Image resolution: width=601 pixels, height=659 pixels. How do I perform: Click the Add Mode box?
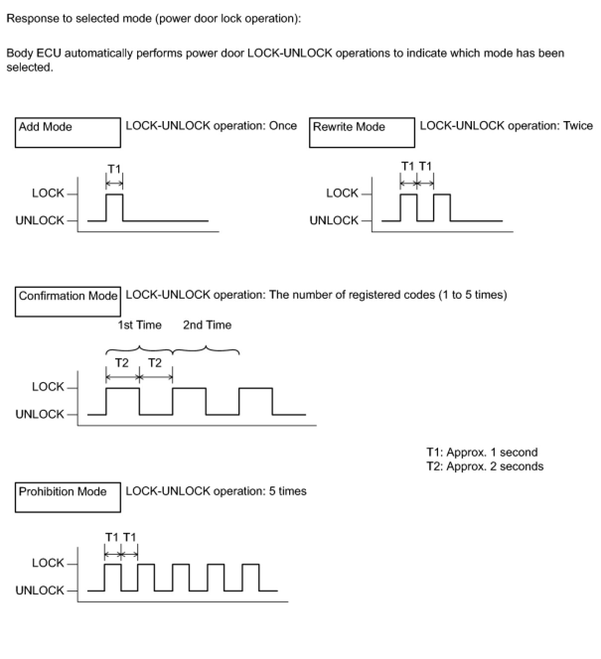click(x=68, y=132)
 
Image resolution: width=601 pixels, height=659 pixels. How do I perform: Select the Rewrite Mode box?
click(x=362, y=132)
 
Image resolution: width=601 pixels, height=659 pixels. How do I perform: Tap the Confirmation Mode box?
click(x=68, y=301)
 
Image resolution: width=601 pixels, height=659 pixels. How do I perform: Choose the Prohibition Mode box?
click(x=68, y=497)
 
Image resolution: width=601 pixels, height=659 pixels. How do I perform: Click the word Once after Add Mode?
click(x=283, y=126)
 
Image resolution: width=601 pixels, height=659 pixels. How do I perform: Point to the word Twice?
click(x=578, y=126)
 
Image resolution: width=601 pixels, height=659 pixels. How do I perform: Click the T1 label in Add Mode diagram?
click(x=114, y=169)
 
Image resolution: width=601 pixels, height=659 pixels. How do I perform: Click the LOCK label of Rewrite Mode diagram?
click(x=342, y=193)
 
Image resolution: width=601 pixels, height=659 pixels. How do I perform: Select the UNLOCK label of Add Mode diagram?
click(x=40, y=220)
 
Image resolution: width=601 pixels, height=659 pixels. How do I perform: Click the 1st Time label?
click(x=140, y=325)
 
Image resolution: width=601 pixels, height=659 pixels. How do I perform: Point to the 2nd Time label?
click(x=207, y=325)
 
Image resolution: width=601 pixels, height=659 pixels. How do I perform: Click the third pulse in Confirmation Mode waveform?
click(x=256, y=401)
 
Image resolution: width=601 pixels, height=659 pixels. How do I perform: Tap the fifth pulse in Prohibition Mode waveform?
click(x=251, y=577)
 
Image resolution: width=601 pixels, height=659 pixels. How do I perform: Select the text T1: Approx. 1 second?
click(x=482, y=453)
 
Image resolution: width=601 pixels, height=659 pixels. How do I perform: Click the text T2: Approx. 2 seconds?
click(x=485, y=466)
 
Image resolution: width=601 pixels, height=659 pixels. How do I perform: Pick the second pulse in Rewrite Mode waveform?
click(x=442, y=207)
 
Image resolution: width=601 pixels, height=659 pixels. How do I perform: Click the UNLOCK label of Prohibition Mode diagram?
click(x=40, y=591)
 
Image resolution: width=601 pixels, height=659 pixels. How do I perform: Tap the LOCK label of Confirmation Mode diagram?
click(x=48, y=387)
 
